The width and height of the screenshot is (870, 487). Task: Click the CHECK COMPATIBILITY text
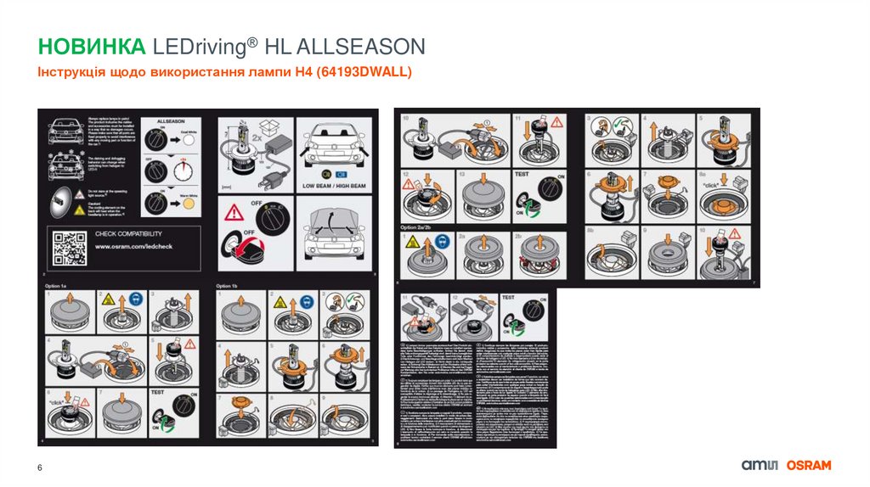pos(134,233)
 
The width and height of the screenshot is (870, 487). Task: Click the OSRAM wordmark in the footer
pos(808,465)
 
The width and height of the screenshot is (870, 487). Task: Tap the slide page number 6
pos(39,469)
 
